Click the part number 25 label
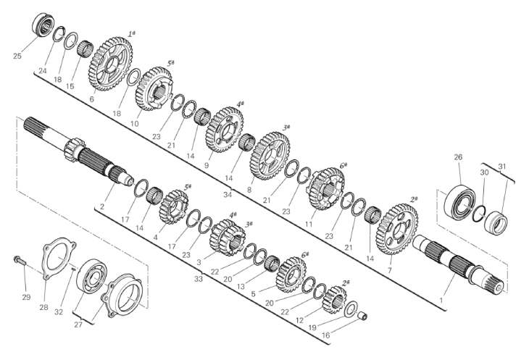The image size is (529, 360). pos(17,56)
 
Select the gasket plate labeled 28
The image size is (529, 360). pos(59,258)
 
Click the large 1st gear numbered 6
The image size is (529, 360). pos(110,64)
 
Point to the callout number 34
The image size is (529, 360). pos(228,195)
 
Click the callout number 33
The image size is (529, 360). pos(199,279)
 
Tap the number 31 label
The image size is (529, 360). pos(502,167)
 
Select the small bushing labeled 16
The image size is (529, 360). pos(362,317)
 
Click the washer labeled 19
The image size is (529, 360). pos(351,309)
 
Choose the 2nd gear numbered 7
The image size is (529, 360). pos(397,229)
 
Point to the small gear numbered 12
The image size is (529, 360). pos(334,300)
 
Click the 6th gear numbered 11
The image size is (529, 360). pos(325,189)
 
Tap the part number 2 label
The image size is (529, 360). pos(102,206)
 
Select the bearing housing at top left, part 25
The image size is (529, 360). pos(43,24)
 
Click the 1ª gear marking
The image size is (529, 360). pos(132,34)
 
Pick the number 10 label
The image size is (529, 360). pos(134,124)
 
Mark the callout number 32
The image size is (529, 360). pos(59,311)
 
